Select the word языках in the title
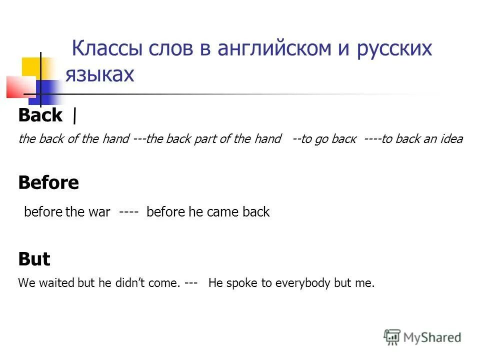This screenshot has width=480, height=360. click(x=100, y=74)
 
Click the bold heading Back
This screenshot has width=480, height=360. click(x=40, y=115)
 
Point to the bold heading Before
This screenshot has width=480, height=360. click(x=48, y=183)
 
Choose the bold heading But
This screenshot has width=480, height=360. click(x=34, y=259)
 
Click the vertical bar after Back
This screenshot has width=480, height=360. click(x=74, y=116)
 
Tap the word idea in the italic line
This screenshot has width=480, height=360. click(x=451, y=139)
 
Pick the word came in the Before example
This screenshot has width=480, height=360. click(x=221, y=212)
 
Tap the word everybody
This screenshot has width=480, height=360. click(x=304, y=283)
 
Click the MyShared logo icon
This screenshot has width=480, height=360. click(x=392, y=337)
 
